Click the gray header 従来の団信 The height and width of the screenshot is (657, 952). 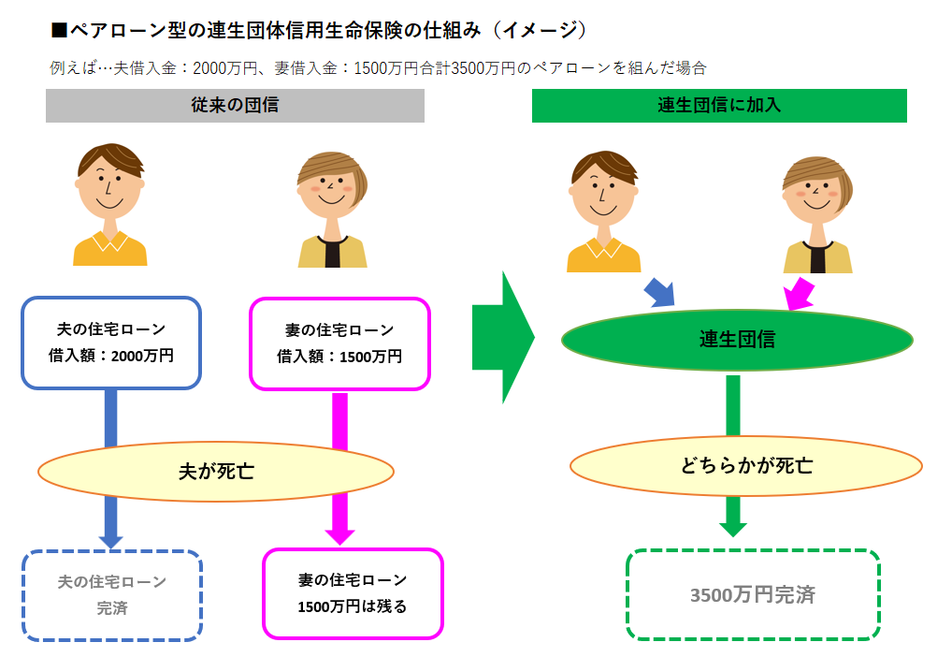pyautogui.click(x=235, y=106)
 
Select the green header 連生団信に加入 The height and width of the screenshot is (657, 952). pyautogui.click(x=719, y=106)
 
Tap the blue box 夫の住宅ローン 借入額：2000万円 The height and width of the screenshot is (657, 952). pyautogui.click(x=110, y=343)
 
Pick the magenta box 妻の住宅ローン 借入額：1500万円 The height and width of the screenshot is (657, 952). pyautogui.click(x=339, y=343)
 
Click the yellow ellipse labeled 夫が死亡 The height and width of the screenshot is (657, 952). pyautogui.click(x=215, y=471)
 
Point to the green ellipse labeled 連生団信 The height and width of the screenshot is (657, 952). pyautogui.click(x=737, y=340)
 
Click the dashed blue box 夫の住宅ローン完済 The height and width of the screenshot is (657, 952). pyautogui.click(x=111, y=594)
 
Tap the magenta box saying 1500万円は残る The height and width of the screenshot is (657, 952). pyautogui.click(x=353, y=593)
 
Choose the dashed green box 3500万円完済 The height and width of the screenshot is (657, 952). pyautogui.click(x=753, y=594)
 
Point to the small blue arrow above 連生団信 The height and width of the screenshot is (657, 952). pyautogui.click(x=659, y=292)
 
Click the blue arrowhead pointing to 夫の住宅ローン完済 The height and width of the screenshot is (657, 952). pyautogui.click(x=111, y=539)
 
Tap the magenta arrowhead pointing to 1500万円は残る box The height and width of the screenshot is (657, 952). pyautogui.click(x=339, y=535)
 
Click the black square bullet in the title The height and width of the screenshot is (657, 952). pyautogui.click(x=60, y=30)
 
